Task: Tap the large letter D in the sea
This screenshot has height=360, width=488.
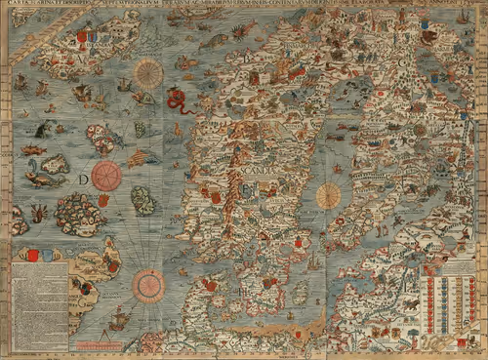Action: [84, 180]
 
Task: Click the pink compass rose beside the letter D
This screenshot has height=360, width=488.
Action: [106, 176]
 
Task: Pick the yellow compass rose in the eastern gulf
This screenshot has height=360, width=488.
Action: [329, 195]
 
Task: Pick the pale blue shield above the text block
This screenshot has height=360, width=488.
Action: [55, 255]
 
